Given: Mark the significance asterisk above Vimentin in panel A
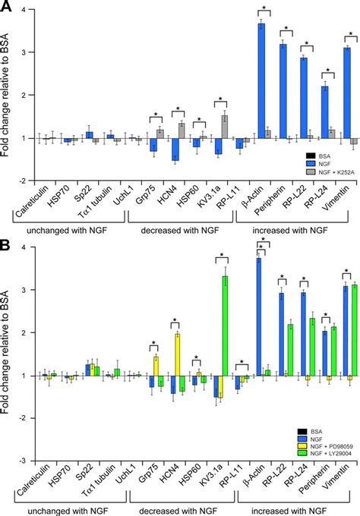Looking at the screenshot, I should point(350,36).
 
